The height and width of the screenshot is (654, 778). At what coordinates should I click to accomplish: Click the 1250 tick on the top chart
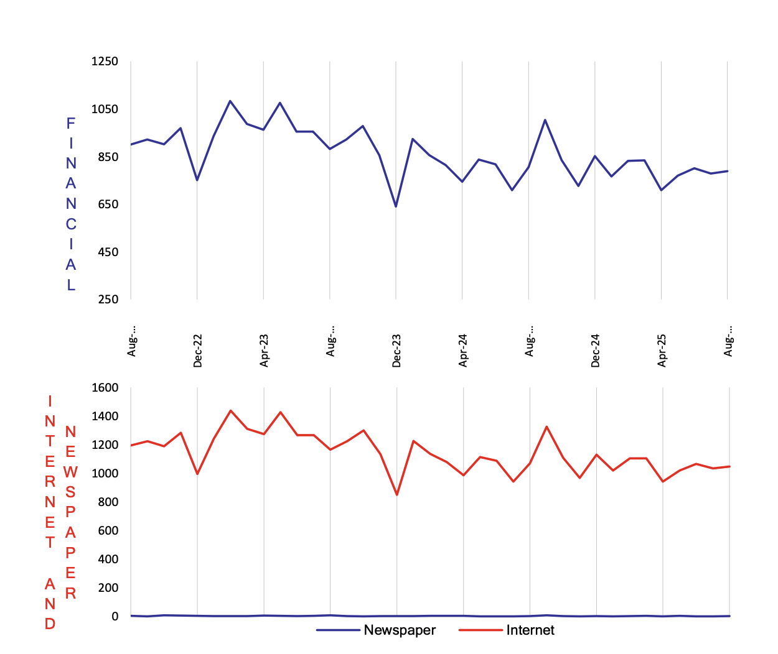[104, 62]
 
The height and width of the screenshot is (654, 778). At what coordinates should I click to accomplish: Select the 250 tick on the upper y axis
[107, 299]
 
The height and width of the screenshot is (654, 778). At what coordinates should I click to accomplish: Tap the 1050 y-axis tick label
[104, 109]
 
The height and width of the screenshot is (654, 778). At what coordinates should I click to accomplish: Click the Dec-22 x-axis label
[198, 351]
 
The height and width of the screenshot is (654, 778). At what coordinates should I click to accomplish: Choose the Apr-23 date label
[265, 351]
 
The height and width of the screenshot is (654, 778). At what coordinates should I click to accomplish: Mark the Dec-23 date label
[396, 351]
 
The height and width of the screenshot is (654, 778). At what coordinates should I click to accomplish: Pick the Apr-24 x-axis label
[463, 351]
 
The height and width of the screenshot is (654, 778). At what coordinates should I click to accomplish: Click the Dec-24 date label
[596, 351]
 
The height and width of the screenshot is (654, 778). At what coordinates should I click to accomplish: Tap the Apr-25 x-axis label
[662, 351]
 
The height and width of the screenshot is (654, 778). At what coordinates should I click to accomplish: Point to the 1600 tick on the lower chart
[105, 388]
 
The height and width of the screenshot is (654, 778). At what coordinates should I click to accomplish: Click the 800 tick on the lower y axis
[107, 502]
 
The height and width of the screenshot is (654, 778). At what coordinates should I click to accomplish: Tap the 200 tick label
[107, 588]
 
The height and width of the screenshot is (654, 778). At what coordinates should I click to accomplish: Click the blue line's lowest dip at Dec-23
[396, 206]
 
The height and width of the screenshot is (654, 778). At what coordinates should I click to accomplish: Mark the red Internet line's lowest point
[397, 495]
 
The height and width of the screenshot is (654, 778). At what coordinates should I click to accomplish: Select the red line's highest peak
[231, 410]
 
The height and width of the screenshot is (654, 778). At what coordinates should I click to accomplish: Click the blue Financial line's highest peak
[230, 101]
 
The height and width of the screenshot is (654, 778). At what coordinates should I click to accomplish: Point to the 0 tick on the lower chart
[115, 617]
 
